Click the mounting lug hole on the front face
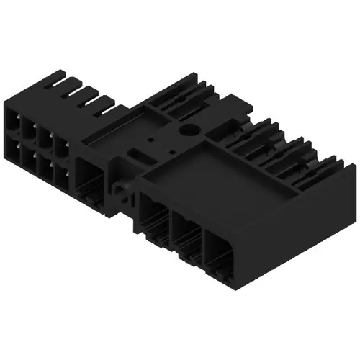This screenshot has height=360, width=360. [x=120, y=192]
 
